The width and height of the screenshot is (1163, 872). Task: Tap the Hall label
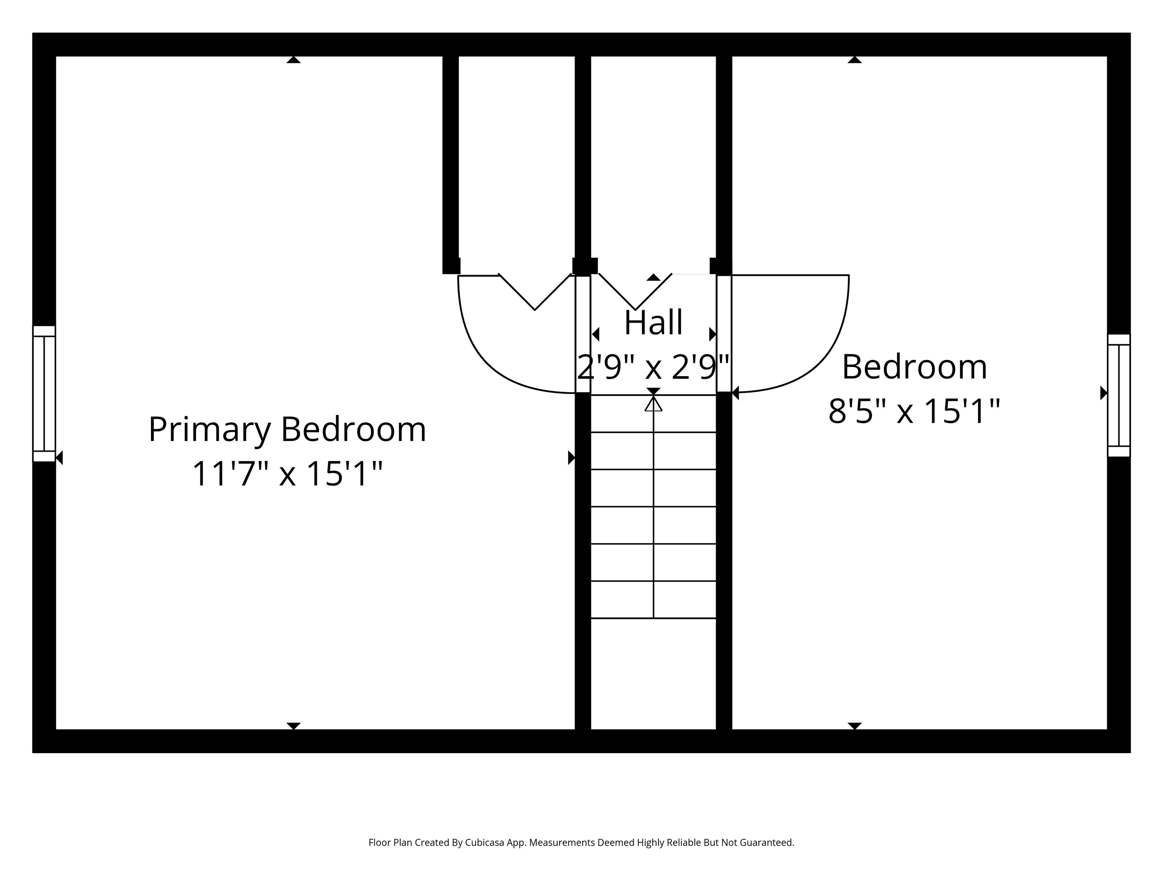click(653, 322)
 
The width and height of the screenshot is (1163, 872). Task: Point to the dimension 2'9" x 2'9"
click(653, 367)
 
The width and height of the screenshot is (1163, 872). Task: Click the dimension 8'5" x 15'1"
click(914, 411)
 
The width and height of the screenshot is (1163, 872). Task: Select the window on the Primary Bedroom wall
click(44, 394)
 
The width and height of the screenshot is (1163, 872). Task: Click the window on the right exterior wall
click(1118, 395)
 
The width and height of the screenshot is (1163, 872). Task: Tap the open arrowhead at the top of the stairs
click(653, 404)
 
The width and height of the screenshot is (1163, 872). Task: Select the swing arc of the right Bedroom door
click(825, 357)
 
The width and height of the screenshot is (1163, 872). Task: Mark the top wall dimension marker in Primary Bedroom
click(293, 60)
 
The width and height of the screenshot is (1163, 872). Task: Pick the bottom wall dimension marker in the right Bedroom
click(855, 726)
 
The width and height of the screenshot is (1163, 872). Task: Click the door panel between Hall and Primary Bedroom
click(583, 334)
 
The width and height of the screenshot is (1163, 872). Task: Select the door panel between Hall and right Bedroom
click(724, 334)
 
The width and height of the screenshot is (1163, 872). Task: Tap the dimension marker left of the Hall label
click(596, 334)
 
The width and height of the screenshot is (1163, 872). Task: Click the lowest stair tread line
click(653, 618)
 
